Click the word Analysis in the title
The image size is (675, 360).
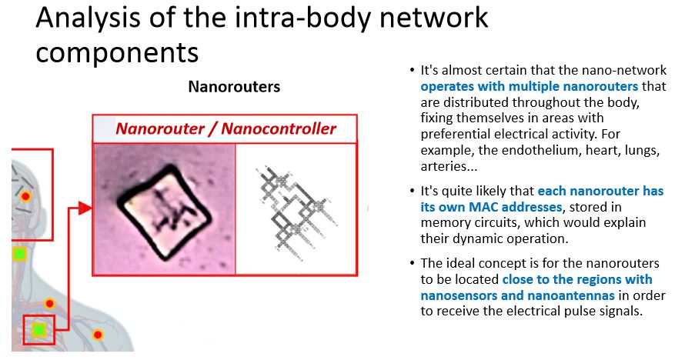pyautogui.click(x=89, y=18)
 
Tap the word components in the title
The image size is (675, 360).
pyautogui.click(x=117, y=53)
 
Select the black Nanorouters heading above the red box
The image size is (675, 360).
pyautogui.click(x=234, y=87)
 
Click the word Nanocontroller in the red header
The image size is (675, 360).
pyautogui.click(x=279, y=128)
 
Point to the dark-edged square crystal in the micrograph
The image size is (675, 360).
pyautogui.click(x=165, y=212)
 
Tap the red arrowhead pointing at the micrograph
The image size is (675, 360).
pyautogui.click(x=85, y=208)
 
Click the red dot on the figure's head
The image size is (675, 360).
pyautogui.click(x=26, y=197)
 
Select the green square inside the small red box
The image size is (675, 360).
pyautogui.click(x=38, y=330)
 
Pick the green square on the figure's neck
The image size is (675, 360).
pyautogui.click(x=19, y=254)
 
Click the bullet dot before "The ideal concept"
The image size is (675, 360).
pyautogui.click(x=413, y=263)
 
